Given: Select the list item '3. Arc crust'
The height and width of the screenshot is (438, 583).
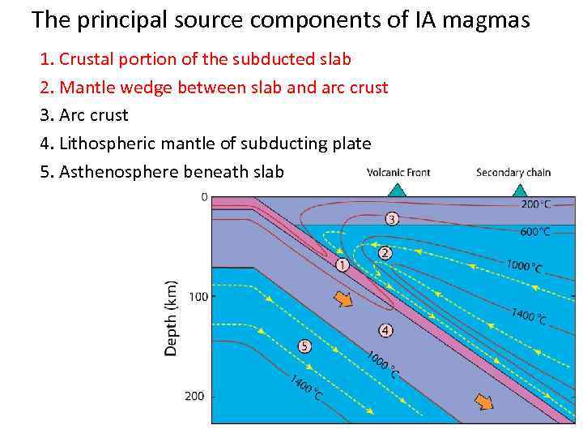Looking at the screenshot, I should (x=84, y=115).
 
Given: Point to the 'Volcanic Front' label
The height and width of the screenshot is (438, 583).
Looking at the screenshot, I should (x=398, y=172).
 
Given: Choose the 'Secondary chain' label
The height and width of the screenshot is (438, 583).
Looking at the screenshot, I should (x=513, y=172).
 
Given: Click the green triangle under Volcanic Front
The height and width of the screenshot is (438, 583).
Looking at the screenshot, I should (x=396, y=190).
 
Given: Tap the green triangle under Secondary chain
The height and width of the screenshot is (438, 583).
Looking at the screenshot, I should (x=518, y=190).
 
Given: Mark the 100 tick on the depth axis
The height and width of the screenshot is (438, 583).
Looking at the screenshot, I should (x=197, y=297).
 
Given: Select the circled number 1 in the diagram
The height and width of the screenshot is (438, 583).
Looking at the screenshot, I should (x=342, y=264).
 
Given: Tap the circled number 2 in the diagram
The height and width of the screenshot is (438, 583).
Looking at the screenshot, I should (x=385, y=254).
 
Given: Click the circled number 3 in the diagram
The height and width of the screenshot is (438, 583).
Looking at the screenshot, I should (x=391, y=218).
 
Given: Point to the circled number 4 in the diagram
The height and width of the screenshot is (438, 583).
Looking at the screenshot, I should (x=385, y=330).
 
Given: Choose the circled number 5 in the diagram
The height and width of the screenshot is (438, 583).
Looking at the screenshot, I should (x=304, y=346).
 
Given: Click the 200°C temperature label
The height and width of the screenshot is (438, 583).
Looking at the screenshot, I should (x=536, y=204).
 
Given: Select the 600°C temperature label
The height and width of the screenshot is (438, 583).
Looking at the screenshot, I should (x=535, y=231).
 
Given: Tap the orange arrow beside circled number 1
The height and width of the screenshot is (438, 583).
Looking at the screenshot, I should (x=344, y=299).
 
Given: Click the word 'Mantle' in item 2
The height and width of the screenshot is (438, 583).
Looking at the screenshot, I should (x=86, y=87).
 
